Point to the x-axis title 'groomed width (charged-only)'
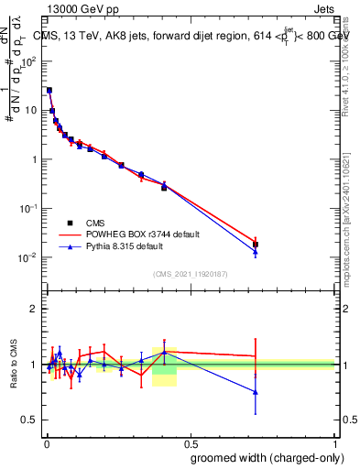click(x=263, y=457)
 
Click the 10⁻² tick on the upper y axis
click(x=32, y=257)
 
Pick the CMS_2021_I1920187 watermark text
click(x=191, y=274)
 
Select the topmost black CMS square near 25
click(x=49, y=91)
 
